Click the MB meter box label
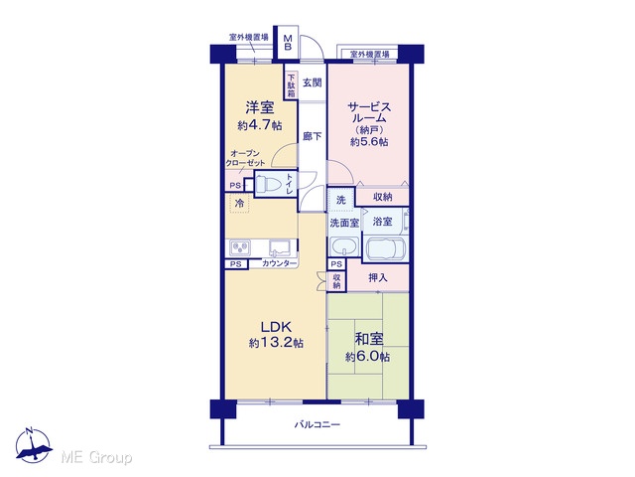(288, 43)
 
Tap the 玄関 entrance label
(313, 82)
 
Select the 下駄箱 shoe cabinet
(291, 85)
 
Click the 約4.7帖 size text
(260, 125)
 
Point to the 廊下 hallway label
(313, 137)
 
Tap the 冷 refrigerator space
(239, 203)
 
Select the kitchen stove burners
(240, 247)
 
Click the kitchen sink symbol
(281, 247)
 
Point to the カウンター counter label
(279, 263)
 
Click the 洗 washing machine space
(341, 199)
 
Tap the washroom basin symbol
(344, 245)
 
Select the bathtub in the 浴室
(385, 248)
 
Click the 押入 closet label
(377, 278)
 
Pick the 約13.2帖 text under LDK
(276, 343)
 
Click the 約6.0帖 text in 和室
(368, 357)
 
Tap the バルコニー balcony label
(317, 424)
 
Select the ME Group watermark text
(96, 457)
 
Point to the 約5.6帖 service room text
(369, 141)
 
